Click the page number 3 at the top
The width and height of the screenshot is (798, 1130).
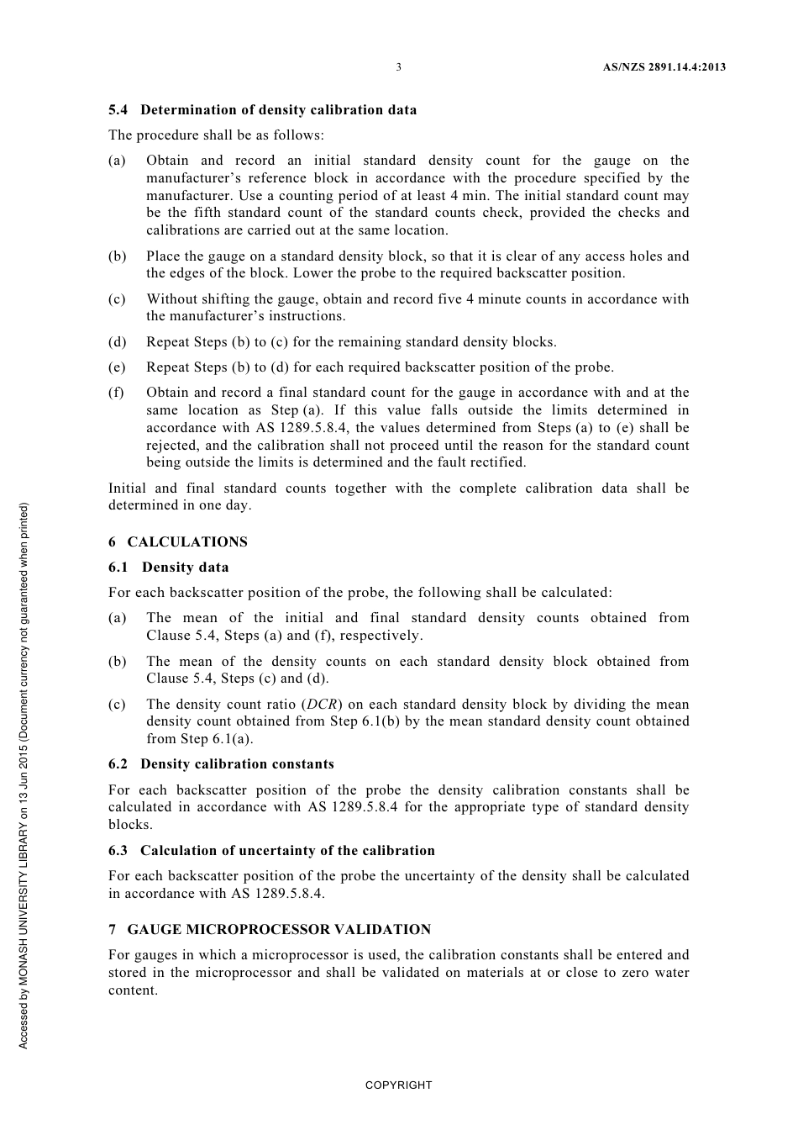[398, 67]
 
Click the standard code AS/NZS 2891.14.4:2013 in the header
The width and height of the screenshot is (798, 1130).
[664, 67]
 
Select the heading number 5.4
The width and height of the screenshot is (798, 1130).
[118, 110]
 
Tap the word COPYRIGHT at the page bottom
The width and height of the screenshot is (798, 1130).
[398, 1085]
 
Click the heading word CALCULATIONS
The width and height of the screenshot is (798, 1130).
[187, 542]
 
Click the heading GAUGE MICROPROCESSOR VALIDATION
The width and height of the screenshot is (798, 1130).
[279, 930]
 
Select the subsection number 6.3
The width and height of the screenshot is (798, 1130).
[118, 851]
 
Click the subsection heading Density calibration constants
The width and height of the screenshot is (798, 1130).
[237, 764]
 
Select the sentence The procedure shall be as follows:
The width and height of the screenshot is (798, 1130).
[216, 135]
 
